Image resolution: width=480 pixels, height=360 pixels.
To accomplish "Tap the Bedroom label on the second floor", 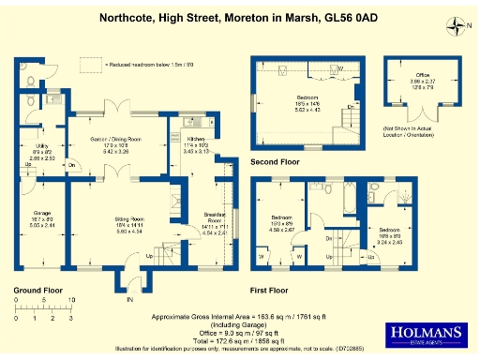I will coord(307,97).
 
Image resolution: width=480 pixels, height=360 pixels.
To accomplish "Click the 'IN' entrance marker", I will coord(131,300).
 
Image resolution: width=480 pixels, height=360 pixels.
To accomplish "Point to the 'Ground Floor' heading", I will coord(37,291).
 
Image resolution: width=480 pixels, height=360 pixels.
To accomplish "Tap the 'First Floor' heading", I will coord(272,291).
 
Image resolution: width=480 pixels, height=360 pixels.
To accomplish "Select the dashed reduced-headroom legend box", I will coord(91,64).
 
